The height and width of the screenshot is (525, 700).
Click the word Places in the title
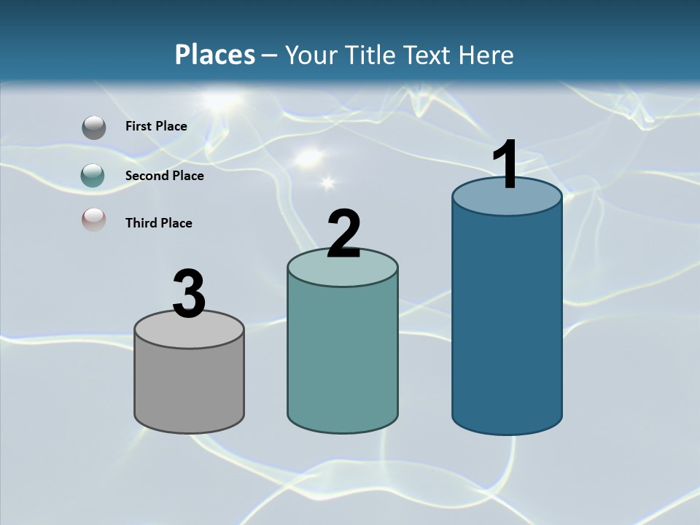pos(215,55)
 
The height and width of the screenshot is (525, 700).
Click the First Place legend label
pos(156,126)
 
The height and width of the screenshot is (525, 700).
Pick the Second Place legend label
pos(164,176)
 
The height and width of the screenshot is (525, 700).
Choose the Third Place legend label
pos(158,223)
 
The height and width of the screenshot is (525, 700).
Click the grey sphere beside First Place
pos(93,128)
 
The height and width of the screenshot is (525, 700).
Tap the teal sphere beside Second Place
pos(93,175)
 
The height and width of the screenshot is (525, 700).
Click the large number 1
pos(505,166)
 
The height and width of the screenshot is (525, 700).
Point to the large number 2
pos(343,234)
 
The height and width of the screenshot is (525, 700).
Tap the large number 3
pos(189,295)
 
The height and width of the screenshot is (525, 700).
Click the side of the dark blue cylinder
pos(507,321)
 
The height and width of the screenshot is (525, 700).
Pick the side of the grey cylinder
pos(190,386)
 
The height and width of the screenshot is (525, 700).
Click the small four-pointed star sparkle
pos(326,182)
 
